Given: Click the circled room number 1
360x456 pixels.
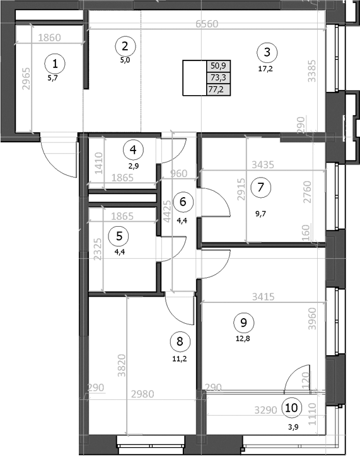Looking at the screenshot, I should (56, 63).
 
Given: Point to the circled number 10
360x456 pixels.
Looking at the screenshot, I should (291, 408).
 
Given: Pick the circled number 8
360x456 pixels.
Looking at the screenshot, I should (180, 342).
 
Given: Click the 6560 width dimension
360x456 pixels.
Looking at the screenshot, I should (208, 24).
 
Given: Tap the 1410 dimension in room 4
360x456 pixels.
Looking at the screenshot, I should (98, 163).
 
